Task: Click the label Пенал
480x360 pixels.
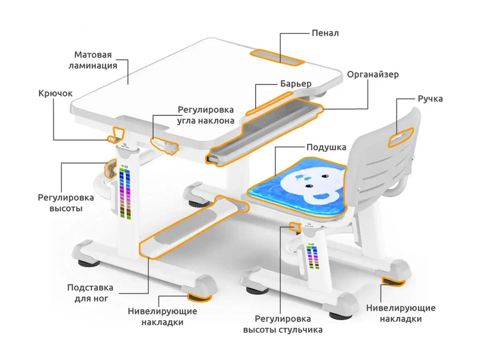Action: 325,33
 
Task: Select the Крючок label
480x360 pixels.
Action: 56,94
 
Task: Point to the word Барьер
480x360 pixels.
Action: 296,84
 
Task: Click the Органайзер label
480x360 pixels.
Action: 373,75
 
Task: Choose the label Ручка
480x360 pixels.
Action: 430,99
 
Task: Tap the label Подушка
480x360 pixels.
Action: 326,147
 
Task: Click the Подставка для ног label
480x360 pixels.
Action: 90,293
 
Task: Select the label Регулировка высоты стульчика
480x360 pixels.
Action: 283,324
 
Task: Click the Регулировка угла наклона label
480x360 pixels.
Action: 206,115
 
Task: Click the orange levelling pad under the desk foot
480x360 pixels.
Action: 199,297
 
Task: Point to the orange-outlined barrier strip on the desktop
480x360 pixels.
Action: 269,103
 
